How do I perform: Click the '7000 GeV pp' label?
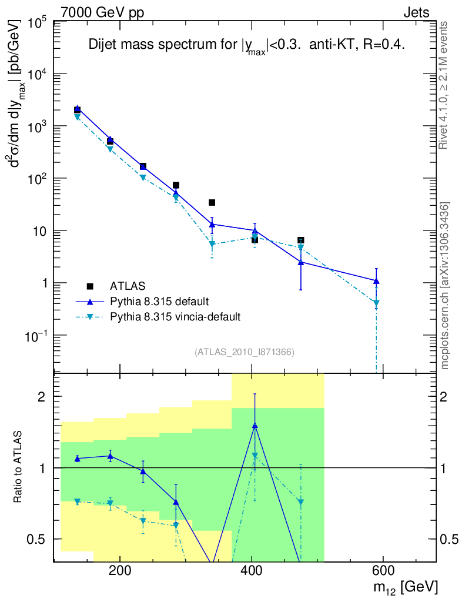(x=102, y=12)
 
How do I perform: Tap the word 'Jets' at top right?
(x=416, y=12)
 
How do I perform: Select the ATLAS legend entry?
(x=127, y=286)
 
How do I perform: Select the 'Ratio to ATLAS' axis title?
(x=20, y=467)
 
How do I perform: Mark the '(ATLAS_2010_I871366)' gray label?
(x=244, y=352)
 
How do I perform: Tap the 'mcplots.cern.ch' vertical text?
(x=445, y=285)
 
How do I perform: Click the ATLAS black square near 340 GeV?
(x=212, y=203)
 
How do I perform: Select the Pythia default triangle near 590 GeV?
(x=376, y=281)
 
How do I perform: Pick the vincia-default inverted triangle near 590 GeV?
(x=376, y=303)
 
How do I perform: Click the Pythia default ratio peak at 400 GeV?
(x=255, y=425)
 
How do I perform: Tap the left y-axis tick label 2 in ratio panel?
(x=43, y=397)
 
